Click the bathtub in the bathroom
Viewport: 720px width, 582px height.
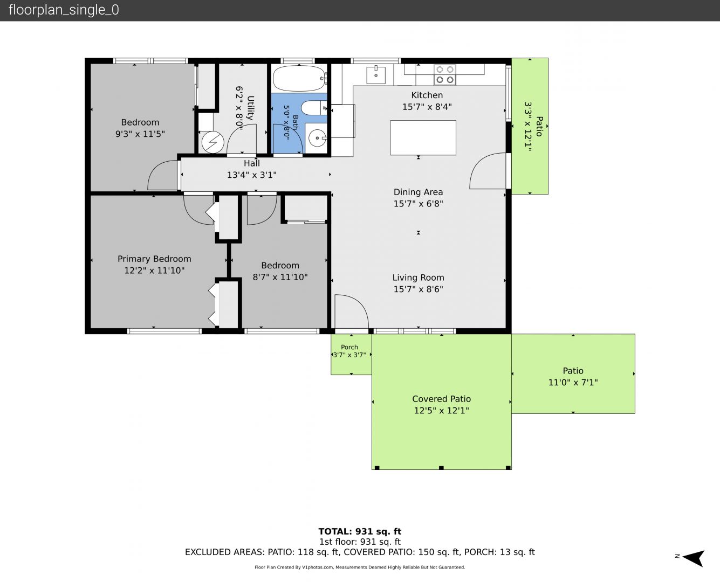point(299,78)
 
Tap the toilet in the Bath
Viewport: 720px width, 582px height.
point(314,108)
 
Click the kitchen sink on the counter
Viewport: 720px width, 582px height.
point(376,74)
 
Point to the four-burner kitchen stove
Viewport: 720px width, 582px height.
point(445,75)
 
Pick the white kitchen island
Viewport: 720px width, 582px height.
point(423,138)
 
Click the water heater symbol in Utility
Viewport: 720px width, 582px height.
point(212,142)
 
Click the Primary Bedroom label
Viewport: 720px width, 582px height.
point(154,259)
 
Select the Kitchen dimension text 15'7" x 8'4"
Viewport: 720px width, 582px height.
point(427,107)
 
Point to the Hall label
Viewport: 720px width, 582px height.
point(252,163)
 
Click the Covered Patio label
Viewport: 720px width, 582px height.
point(442,399)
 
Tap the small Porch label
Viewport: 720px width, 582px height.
point(349,347)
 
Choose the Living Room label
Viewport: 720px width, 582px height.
point(418,278)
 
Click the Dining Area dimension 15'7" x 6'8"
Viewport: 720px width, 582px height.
point(418,204)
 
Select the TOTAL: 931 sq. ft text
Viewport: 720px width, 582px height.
point(360,531)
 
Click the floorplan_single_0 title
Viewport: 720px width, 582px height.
point(64,10)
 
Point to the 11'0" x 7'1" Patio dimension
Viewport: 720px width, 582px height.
point(573,383)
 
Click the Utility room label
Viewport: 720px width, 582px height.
point(250,108)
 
